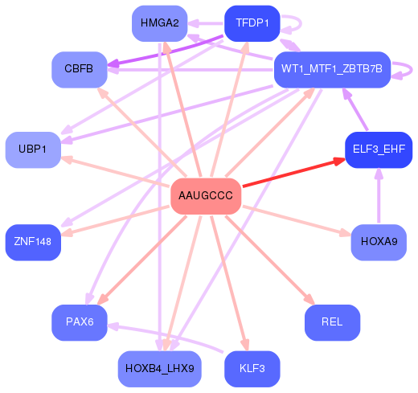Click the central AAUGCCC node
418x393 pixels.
coord(206,196)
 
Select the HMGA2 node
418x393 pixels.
coord(159,23)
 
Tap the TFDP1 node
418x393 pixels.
coord(252,23)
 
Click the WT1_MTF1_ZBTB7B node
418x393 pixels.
coord(332,70)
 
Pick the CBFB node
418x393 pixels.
coord(79,69)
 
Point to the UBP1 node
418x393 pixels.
coord(33,150)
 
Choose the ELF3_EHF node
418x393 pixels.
coord(378,149)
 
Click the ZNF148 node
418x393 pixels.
coord(33,242)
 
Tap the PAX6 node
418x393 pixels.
coord(80,322)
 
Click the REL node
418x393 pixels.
coord(332,322)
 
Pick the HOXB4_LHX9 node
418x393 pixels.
coord(160,369)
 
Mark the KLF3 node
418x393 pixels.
coord(252,369)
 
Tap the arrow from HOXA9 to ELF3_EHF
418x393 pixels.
coord(378,197)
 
